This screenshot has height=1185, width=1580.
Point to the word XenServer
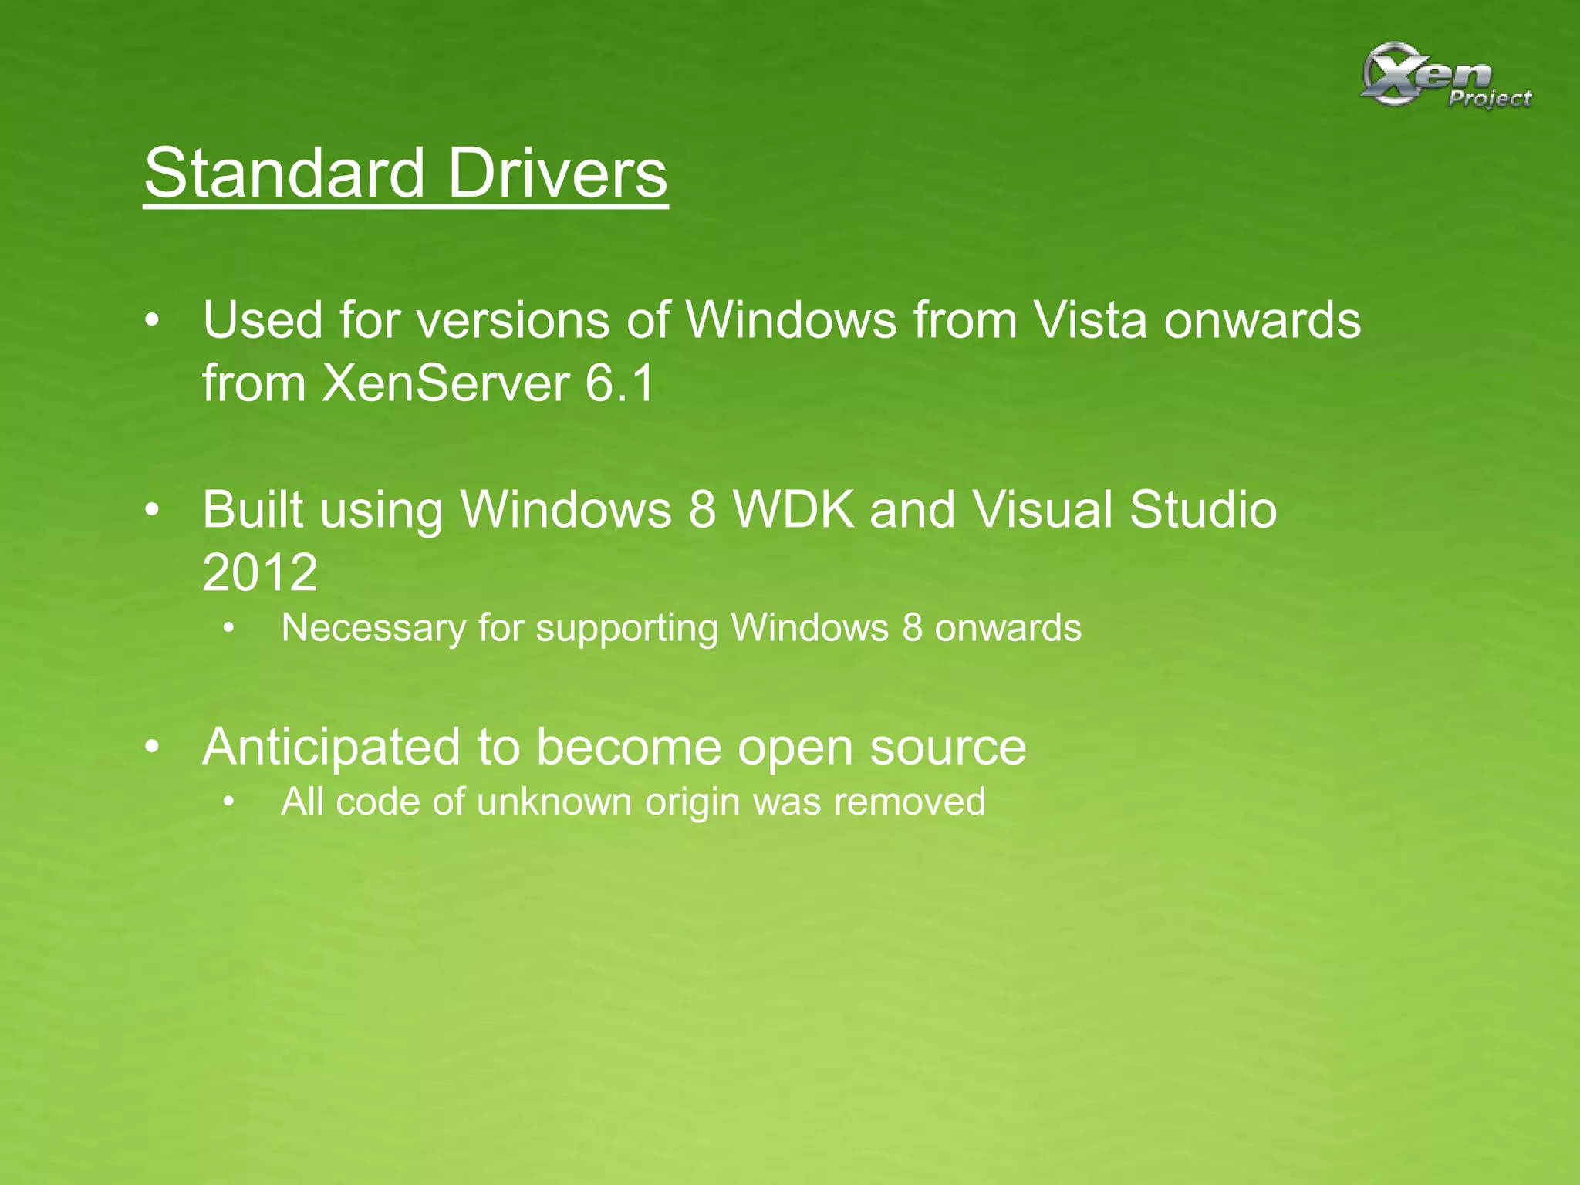click(x=445, y=383)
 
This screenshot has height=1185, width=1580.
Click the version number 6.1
click(x=620, y=383)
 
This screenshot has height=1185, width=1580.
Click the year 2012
click(x=259, y=572)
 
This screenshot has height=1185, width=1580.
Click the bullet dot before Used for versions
click(x=153, y=320)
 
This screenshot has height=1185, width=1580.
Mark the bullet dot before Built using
click(x=153, y=510)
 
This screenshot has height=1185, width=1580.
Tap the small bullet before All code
click(x=228, y=802)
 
